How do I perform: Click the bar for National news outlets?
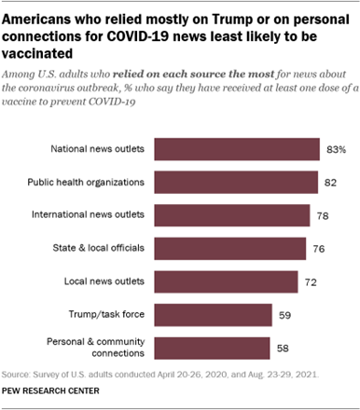click(x=233, y=149)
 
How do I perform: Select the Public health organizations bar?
click(x=232, y=183)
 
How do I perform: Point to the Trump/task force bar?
click(x=211, y=314)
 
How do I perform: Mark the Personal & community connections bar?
click(x=210, y=348)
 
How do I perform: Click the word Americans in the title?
click(x=40, y=14)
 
